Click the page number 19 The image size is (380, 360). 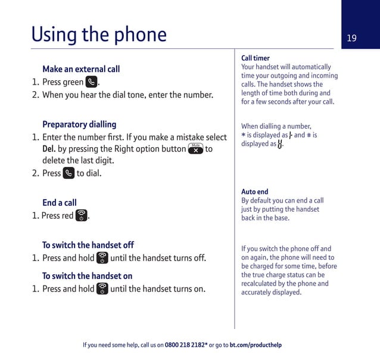pos(351,38)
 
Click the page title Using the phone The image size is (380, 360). pos(99,35)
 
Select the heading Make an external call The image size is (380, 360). pos(81,69)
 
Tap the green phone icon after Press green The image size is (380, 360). pos(92,82)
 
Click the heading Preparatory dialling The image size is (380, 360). pos(79,125)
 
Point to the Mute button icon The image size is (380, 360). pos(195,149)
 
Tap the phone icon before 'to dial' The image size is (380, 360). pos(69,173)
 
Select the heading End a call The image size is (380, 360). pos(60,203)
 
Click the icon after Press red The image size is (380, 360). pos(82,216)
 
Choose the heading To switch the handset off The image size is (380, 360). pos(88,245)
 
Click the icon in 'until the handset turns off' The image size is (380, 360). pos(102,258)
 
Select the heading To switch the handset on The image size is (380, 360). pos(88,276)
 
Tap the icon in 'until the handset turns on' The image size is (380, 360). pos(102,289)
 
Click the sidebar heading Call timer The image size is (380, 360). pos(256,58)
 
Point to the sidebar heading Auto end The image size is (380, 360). pos(255,192)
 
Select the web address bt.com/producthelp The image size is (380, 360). pos(256,345)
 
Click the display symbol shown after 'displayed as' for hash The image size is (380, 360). pos(280,144)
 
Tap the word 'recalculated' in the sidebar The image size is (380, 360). pos(260,284)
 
